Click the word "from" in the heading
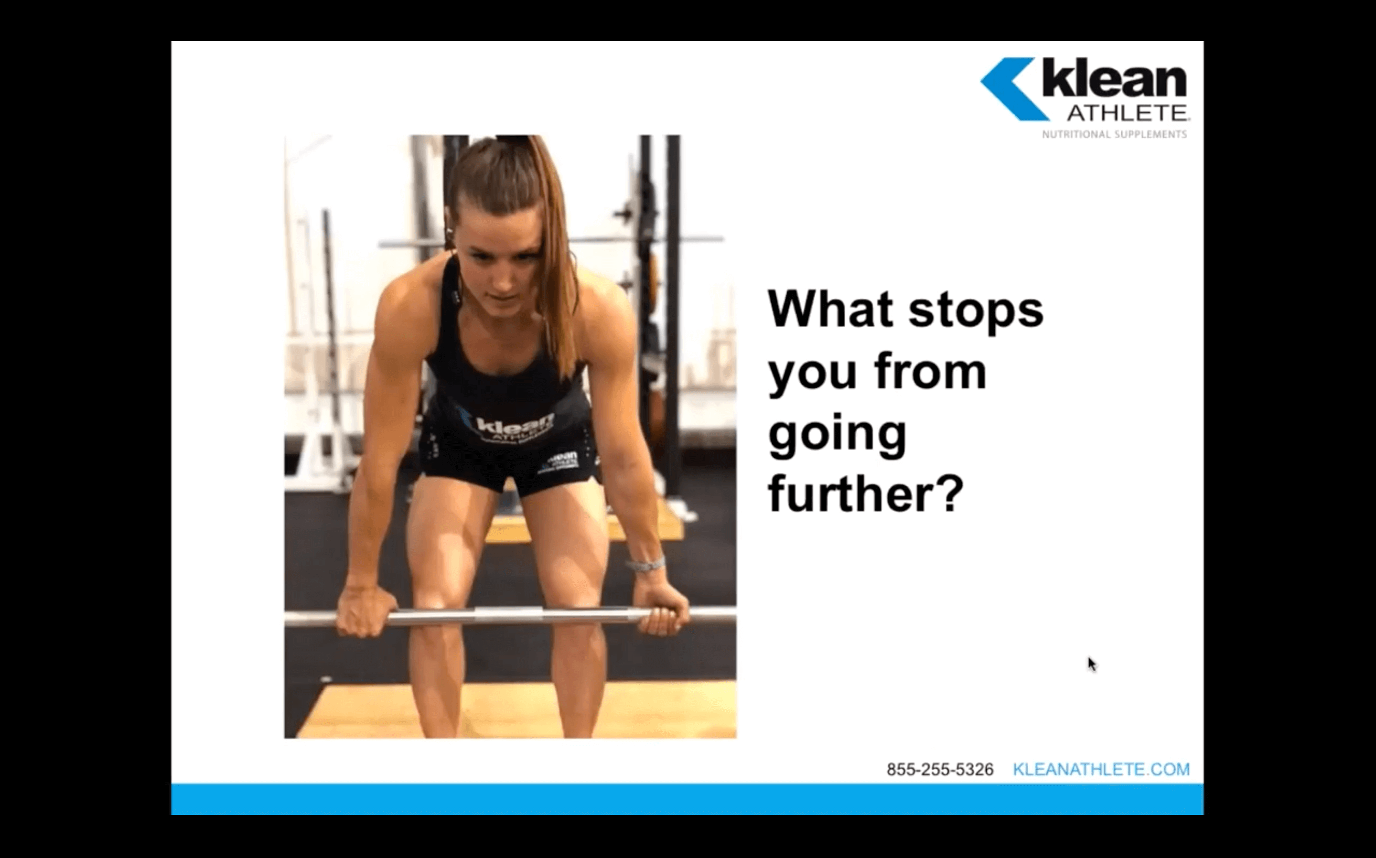931,371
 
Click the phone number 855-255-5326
940,770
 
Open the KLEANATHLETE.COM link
1101,770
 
